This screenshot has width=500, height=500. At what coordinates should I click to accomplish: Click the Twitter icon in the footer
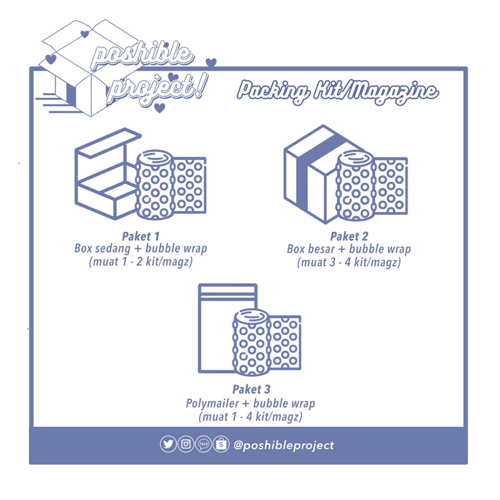pyautogui.click(x=168, y=444)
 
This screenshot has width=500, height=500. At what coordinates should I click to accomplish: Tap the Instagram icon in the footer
pyautogui.click(x=186, y=444)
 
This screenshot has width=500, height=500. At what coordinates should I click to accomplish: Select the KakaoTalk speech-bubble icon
pyautogui.click(x=203, y=444)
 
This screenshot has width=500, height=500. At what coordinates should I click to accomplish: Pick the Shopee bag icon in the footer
pyautogui.click(x=221, y=444)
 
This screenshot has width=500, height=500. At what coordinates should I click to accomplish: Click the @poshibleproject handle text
pyautogui.click(x=283, y=445)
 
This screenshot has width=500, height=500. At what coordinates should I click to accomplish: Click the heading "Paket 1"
pyautogui.click(x=141, y=236)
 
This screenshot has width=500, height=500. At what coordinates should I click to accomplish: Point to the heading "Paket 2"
pyautogui.click(x=349, y=236)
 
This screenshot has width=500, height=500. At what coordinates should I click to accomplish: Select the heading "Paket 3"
pyautogui.click(x=251, y=389)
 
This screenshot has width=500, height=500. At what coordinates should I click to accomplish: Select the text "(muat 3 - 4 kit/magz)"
pyautogui.click(x=349, y=262)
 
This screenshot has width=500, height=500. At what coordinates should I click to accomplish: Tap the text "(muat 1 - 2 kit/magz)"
pyautogui.click(x=141, y=262)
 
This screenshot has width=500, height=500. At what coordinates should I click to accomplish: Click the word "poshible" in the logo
pyautogui.click(x=141, y=56)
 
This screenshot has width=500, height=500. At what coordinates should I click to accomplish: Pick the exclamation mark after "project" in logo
pyautogui.click(x=199, y=86)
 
